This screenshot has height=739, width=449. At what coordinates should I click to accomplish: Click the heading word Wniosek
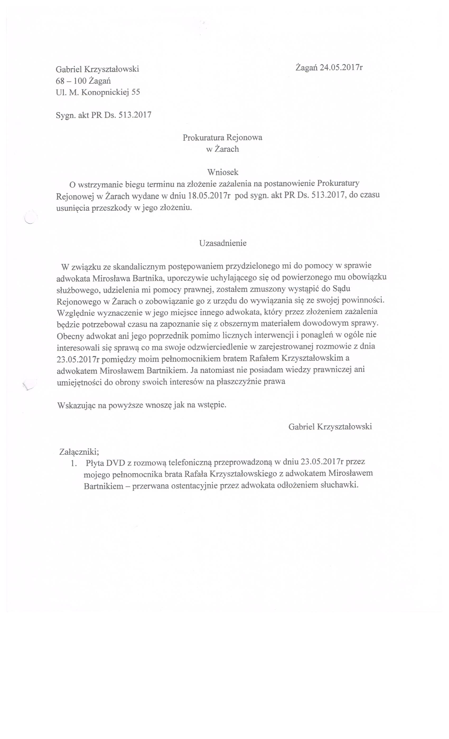223,172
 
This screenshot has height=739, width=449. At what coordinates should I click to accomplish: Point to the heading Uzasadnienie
223,243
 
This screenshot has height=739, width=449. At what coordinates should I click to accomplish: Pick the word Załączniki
79,451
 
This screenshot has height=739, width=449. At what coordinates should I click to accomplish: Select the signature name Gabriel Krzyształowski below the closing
330,427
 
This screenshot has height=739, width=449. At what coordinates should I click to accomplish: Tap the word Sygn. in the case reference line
65,115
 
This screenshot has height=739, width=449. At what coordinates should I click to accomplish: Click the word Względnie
73,312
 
